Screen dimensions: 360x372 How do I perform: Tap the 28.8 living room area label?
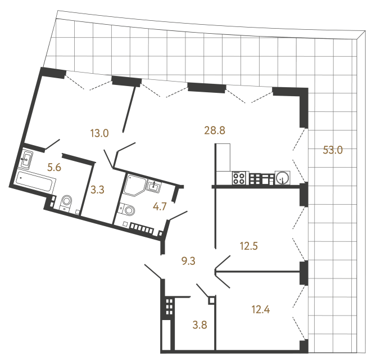[214, 130]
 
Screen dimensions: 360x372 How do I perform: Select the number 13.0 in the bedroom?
[99, 133]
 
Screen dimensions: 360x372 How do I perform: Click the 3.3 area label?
[97, 190]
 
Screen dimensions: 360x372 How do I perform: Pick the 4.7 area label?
[160, 206]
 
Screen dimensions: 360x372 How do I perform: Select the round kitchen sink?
[282, 178]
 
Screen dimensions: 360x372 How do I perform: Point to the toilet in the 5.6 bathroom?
[67, 202]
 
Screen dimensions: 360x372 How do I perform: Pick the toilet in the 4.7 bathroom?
[128, 210]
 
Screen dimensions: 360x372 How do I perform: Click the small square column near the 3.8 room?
[211, 300]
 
